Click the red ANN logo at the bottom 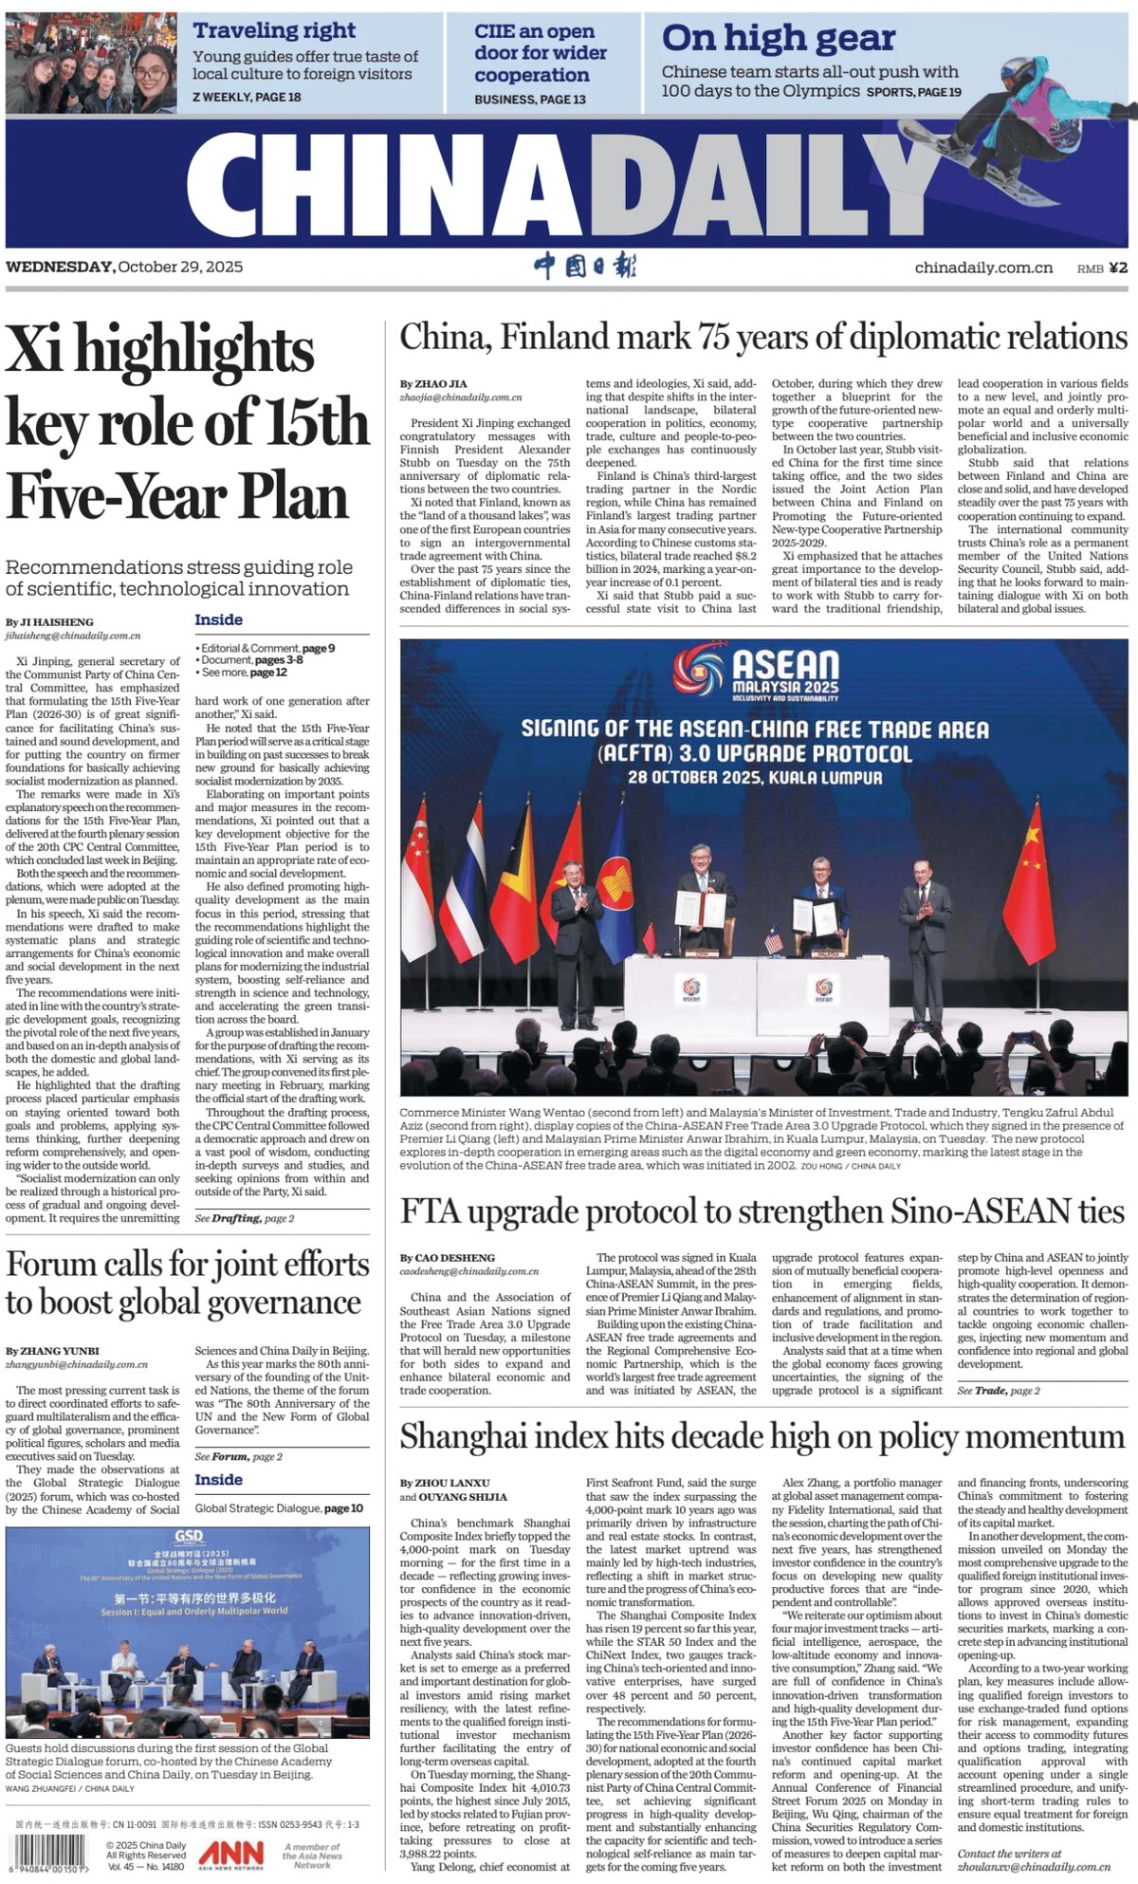pyautogui.click(x=230, y=1853)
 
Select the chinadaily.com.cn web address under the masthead pyautogui.click(x=983, y=268)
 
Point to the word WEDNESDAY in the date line pyautogui.click(x=59, y=267)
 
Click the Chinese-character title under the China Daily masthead pyautogui.click(x=584, y=266)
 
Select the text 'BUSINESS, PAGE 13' pyautogui.click(x=529, y=99)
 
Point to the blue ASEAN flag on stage pyautogui.click(x=616, y=887)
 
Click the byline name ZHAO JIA pyautogui.click(x=440, y=383)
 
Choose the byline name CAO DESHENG pyautogui.click(x=452, y=1257)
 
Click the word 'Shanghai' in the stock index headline pyautogui.click(x=462, y=1436)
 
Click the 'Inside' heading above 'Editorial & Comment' pyautogui.click(x=218, y=619)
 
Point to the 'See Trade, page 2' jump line pyautogui.click(x=998, y=1390)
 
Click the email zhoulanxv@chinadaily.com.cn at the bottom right pyautogui.click(x=1034, y=1867)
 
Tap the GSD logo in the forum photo pyautogui.click(x=188, y=1536)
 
